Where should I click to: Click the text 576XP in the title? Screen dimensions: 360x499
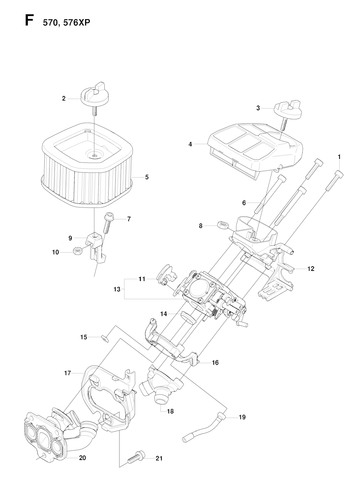77,23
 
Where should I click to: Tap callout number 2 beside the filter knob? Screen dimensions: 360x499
64,98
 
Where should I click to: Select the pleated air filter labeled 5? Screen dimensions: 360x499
87,165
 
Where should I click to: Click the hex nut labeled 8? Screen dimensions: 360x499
223,226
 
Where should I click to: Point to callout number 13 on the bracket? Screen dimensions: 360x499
117,289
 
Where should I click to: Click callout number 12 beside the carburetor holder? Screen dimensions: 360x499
311,269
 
